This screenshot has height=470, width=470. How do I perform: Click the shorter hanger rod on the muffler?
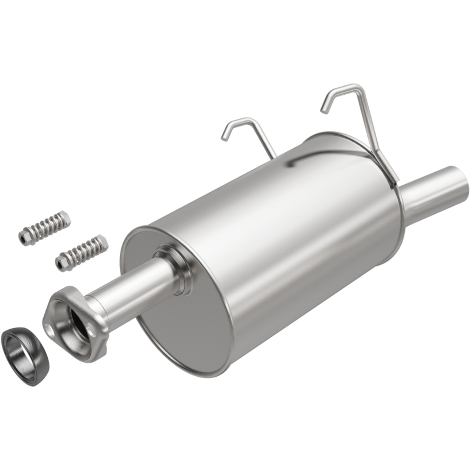point(257,134)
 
